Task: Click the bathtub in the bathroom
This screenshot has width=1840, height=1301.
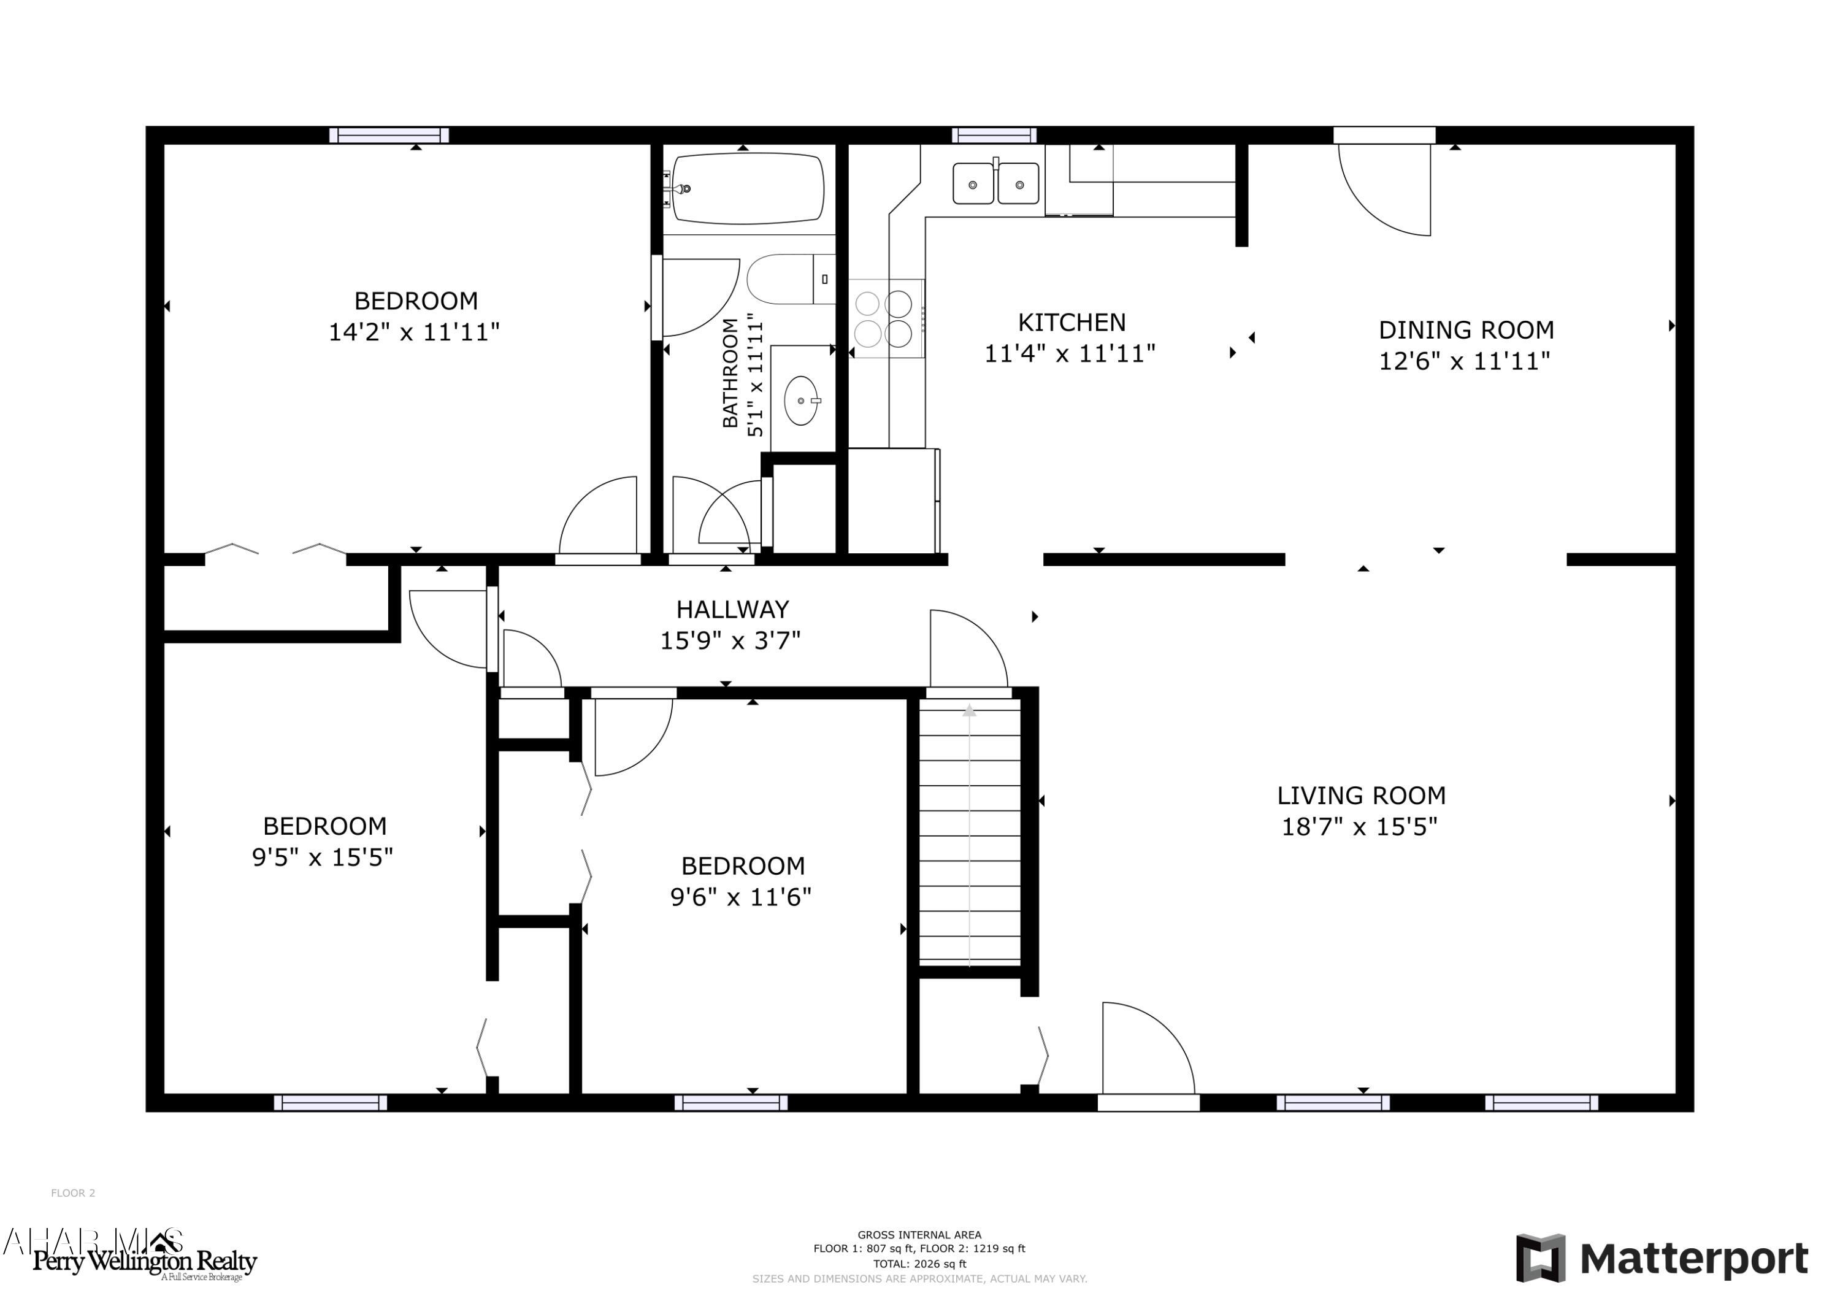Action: [747, 188]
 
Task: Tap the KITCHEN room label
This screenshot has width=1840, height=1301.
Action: [1071, 322]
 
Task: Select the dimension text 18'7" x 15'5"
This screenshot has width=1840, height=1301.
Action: [1359, 826]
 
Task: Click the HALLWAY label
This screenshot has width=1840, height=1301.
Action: [732, 609]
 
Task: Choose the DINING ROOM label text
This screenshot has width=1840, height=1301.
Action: [1466, 329]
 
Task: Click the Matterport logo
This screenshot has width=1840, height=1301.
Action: [1662, 1259]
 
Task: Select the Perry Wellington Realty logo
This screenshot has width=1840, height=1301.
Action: [144, 1262]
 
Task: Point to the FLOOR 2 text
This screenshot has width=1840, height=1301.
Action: [73, 1193]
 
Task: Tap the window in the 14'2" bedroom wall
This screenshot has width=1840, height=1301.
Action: [389, 135]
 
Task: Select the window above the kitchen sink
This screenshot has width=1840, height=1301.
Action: [994, 135]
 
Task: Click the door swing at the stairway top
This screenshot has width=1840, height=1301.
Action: [968, 650]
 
